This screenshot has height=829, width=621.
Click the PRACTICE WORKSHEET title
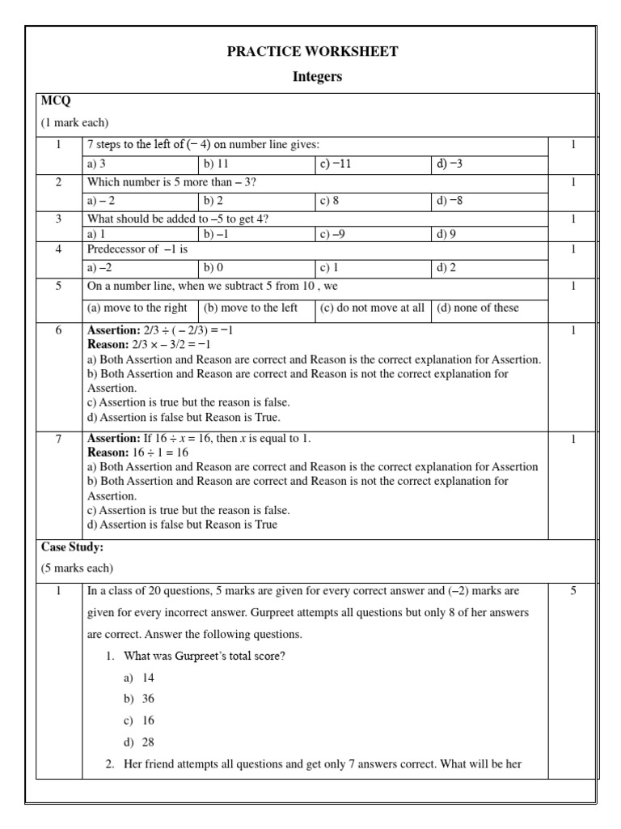click(x=312, y=52)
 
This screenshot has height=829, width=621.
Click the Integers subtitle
click(x=316, y=77)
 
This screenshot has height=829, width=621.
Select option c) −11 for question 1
click(x=336, y=164)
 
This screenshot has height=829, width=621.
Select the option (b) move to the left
click(x=251, y=308)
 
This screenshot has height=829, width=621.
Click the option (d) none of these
click(x=478, y=308)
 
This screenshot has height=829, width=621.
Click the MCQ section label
click(x=55, y=100)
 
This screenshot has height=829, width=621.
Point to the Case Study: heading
click(x=72, y=547)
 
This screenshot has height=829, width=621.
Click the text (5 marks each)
click(x=77, y=568)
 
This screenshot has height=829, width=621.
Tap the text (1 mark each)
click(x=74, y=122)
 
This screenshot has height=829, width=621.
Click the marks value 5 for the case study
click(x=573, y=591)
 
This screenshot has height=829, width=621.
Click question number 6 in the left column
click(x=58, y=331)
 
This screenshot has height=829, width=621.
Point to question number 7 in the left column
click(x=58, y=438)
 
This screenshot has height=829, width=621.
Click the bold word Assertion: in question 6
click(x=112, y=331)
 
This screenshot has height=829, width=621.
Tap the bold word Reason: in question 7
click(x=108, y=453)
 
